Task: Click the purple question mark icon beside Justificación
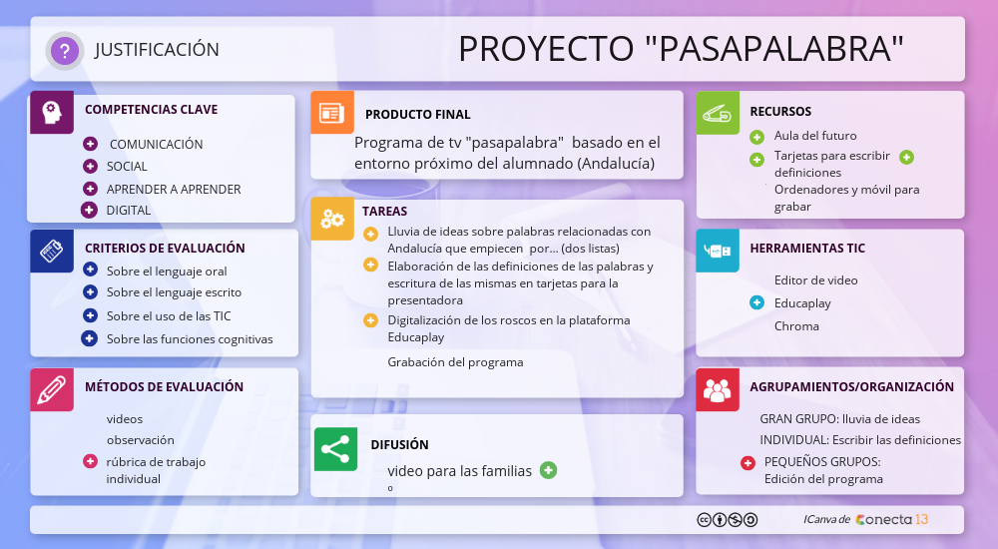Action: coord(64,50)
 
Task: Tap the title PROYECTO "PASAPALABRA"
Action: coord(681,48)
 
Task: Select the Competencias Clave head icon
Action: coord(52,112)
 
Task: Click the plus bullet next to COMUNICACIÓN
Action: coord(91,144)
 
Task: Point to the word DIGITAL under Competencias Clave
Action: coord(129,211)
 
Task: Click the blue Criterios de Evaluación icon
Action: coord(52,251)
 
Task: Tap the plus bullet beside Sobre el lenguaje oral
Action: coord(91,270)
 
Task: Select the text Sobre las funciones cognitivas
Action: coord(190,338)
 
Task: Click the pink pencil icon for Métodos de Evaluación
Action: coord(52,389)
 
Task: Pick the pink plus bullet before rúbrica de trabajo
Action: coord(91,461)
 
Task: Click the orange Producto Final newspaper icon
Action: coord(332,112)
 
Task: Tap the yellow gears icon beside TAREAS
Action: coord(332,219)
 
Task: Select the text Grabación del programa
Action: coord(456,362)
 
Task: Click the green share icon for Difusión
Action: coord(335,449)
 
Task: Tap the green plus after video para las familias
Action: coord(548,470)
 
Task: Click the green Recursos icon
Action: coord(718,113)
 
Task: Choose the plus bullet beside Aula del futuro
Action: coord(756,137)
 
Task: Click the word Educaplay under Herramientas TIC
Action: coord(802,303)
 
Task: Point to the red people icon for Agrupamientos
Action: coord(718,389)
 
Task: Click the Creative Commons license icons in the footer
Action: coord(727,520)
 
